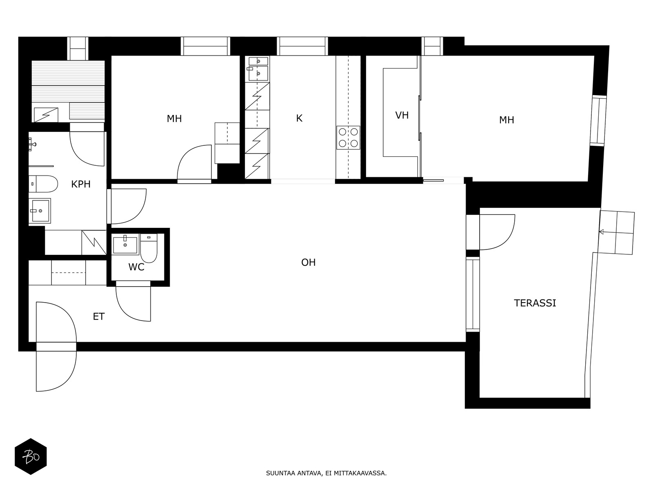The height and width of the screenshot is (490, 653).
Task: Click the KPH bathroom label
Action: (81, 184)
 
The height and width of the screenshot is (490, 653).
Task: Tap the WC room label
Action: (136, 267)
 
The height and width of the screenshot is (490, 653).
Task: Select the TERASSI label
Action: (535, 303)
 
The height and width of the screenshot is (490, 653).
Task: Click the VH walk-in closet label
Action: (402, 115)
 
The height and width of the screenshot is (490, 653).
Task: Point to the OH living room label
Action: (308, 262)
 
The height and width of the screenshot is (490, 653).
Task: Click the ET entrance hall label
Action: (99, 316)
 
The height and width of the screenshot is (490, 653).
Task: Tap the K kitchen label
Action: (299, 118)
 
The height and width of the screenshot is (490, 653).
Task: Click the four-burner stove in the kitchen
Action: (348, 138)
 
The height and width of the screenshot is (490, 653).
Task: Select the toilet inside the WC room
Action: (149, 249)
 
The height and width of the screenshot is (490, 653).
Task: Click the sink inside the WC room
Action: (125, 245)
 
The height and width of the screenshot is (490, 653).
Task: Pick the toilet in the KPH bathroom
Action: (43, 184)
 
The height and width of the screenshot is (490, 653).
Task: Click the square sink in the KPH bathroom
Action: (40, 211)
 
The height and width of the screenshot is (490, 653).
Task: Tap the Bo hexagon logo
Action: (31, 457)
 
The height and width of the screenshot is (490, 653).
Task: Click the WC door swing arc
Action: (131, 306)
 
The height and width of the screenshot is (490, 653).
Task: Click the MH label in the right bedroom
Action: (506, 120)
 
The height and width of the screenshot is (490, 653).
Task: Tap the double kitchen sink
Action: (258, 68)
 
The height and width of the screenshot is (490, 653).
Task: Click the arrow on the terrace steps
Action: (601, 232)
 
